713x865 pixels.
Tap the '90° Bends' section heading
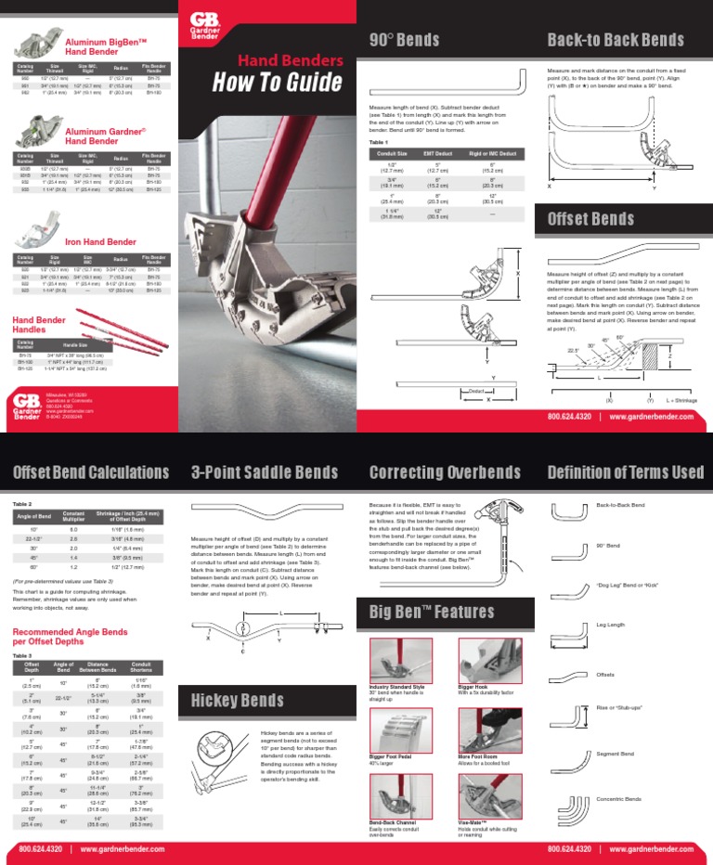pyautogui.click(x=405, y=39)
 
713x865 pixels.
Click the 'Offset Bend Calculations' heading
pyautogui.click(x=91, y=472)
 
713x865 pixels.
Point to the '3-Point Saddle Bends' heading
pyautogui.click(x=265, y=472)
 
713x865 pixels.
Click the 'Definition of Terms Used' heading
pyautogui.click(x=626, y=472)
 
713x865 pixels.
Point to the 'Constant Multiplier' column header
pyautogui.click(x=73, y=516)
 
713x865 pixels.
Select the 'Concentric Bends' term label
pyautogui.click(x=619, y=798)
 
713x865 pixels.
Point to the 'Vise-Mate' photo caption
pyautogui.click(x=473, y=824)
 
